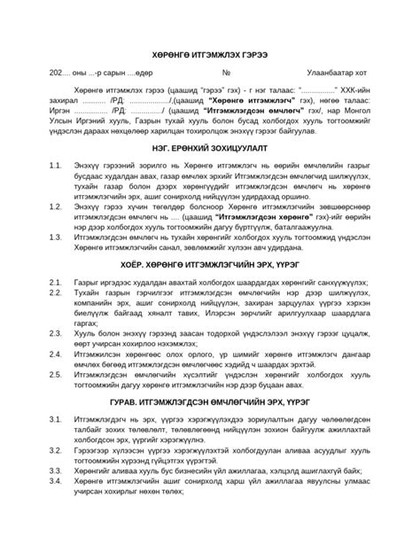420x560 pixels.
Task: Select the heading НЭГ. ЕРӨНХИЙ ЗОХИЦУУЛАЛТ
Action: coord(211,147)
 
